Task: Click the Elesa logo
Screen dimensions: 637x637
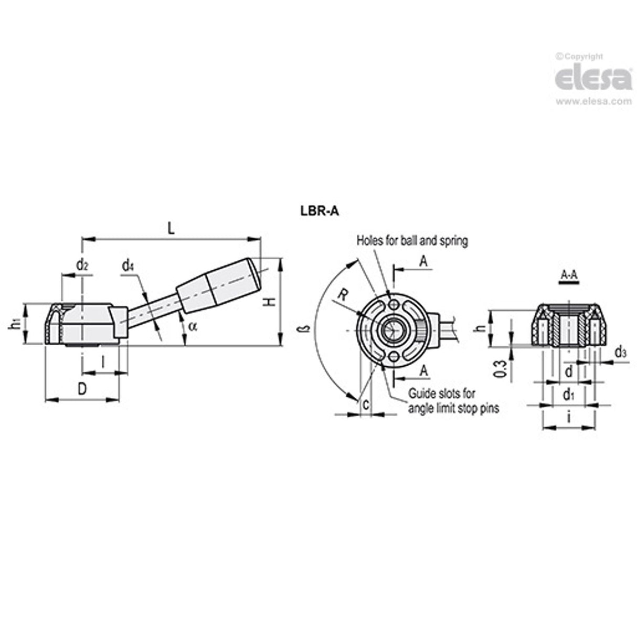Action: [x=593, y=79]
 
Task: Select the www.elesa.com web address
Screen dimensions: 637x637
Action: [x=593, y=101]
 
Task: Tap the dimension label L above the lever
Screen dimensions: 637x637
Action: [x=171, y=229]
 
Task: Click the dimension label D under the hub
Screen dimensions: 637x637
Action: [x=82, y=389]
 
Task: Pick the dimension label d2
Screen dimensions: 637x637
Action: [x=82, y=266]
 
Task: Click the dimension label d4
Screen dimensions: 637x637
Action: [x=128, y=266]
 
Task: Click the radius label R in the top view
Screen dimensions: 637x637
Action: [x=342, y=295]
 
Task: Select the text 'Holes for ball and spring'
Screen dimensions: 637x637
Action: [x=412, y=241]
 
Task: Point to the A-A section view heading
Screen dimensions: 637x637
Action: [x=568, y=274]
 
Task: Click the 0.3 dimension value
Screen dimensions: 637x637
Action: [x=501, y=368]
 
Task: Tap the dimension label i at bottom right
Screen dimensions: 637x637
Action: [x=569, y=418]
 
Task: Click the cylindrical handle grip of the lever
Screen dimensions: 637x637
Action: [x=219, y=284]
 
